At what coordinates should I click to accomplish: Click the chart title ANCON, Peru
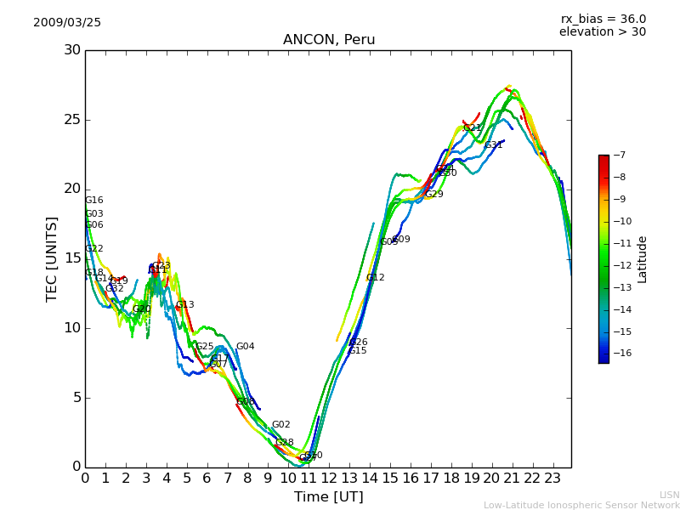click(x=329, y=40)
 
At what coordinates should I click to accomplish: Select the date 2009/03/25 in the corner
click(x=67, y=23)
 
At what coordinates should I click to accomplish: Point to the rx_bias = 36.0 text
click(x=603, y=19)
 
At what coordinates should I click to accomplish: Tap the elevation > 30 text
click(x=603, y=32)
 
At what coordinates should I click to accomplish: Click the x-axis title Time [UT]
click(x=329, y=497)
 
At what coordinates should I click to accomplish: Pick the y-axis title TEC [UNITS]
click(x=53, y=259)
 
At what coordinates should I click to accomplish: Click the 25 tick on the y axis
click(x=72, y=120)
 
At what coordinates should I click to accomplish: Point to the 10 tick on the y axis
click(x=72, y=328)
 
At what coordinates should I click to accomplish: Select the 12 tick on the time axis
click(x=329, y=479)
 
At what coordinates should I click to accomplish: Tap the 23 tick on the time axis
click(x=552, y=479)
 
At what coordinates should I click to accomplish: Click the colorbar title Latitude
click(x=643, y=259)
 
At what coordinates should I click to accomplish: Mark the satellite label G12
click(x=375, y=278)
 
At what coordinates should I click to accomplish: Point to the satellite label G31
click(x=494, y=145)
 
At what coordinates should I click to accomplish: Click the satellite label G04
click(x=245, y=347)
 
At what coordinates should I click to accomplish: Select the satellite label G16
click(x=93, y=201)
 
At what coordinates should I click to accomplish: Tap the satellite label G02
click(x=280, y=425)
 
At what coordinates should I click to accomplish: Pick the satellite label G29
click(x=433, y=195)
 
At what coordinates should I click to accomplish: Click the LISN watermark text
click(x=670, y=495)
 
